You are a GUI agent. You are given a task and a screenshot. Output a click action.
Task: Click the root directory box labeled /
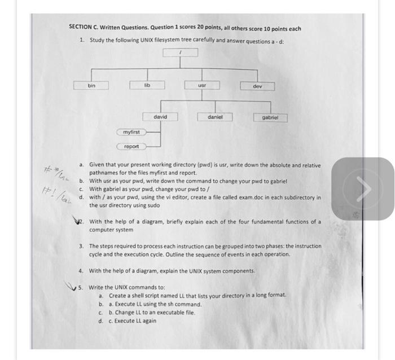tap(181, 52)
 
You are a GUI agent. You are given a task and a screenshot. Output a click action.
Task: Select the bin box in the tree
tap(91, 86)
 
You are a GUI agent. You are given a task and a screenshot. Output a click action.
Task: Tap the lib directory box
tap(147, 85)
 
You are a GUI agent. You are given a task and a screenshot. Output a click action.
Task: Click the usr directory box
tap(202, 85)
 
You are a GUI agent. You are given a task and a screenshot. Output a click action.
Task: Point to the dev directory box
tap(257, 86)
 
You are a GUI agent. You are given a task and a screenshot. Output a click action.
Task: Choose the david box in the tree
tap(160, 117)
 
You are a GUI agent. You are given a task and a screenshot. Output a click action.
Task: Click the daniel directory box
tap(215, 117)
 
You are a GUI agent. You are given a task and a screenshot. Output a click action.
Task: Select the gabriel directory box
tap(271, 118)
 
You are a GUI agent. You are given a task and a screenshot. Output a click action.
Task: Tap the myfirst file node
tap(131, 132)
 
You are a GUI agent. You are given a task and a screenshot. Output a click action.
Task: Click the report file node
tap(131, 146)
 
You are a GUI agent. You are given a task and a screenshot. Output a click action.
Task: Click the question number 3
tap(81, 247)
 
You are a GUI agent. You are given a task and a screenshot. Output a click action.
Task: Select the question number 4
tap(81, 271)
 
